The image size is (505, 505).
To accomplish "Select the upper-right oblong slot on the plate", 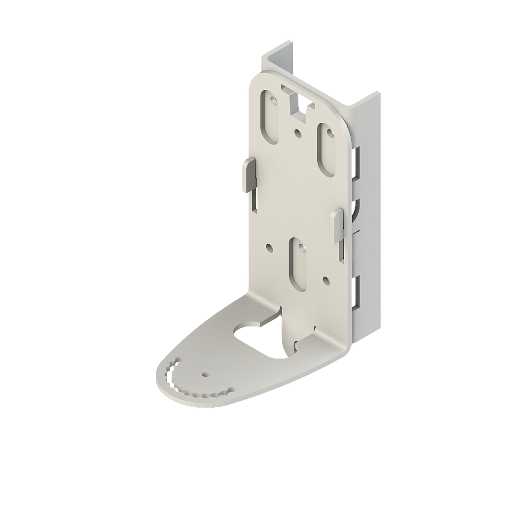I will (327, 148).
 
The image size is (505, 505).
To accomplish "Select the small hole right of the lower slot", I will (325, 280).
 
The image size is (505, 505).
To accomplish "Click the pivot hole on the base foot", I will (205, 373).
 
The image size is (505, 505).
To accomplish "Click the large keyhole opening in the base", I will (259, 340).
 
